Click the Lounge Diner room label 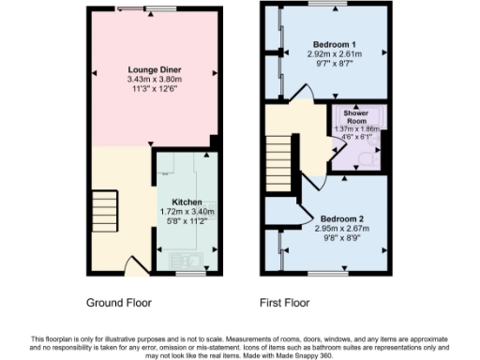click(x=155, y=70)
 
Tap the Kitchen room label click(x=187, y=202)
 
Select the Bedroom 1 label click(x=335, y=45)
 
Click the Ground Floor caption click(x=119, y=303)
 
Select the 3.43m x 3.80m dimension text click(x=155, y=81)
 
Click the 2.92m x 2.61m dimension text click(x=335, y=55)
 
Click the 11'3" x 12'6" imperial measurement click(x=155, y=91)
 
